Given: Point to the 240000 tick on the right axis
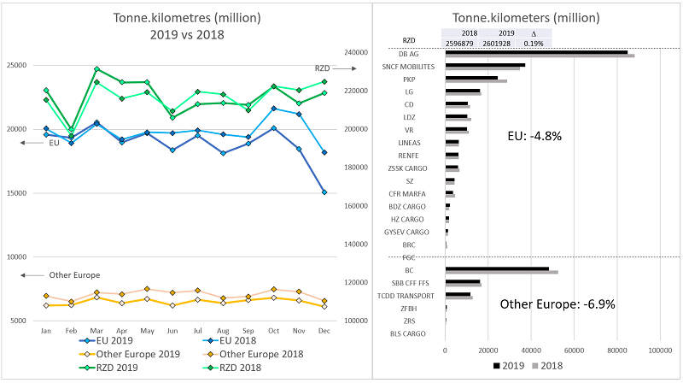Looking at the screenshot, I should pos(353,52).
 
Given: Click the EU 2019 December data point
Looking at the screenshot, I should pos(325,192).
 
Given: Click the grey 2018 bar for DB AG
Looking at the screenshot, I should pos(540,56).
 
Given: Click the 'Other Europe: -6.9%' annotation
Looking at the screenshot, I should pos(557,303).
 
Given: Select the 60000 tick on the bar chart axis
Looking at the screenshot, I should pos(575,349).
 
